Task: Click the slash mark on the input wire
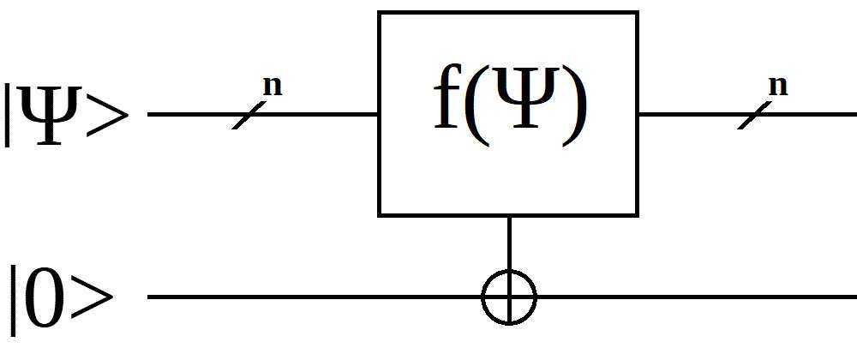(249, 114)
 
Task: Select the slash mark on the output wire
(754, 114)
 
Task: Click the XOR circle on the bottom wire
(509, 297)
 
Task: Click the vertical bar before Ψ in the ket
(9, 113)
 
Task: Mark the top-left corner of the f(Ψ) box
(380, 13)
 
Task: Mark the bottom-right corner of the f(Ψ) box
(637, 214)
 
